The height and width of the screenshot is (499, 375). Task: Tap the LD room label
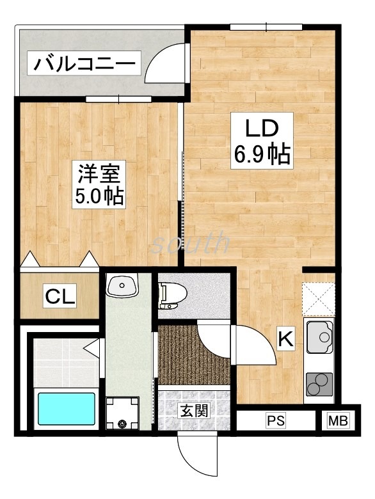coord(261,127)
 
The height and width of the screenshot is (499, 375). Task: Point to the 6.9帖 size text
coord(262,154)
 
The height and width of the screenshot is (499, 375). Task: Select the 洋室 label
coord(99,173)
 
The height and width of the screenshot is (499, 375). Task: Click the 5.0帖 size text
coord(99,195)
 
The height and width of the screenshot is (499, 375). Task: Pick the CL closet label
coord(60,296)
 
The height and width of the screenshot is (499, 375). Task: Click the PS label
coord(275,421)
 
